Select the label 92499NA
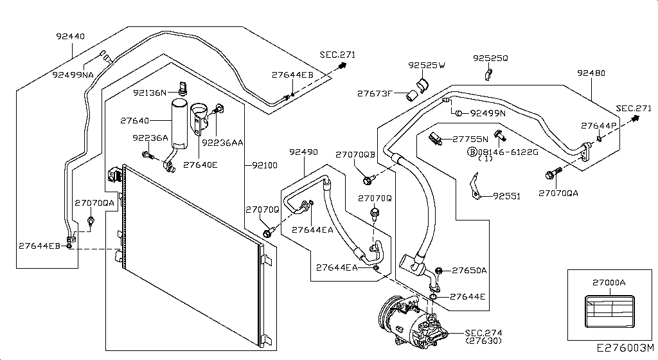coord(73,75)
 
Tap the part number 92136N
coord(150,93)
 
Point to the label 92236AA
coord(222,143)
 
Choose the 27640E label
coord(200,165)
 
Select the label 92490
coord(303,152)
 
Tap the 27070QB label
coord(355,154)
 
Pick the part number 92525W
coord(427,65)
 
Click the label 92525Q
coord(490,58)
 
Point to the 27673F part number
coord(375,93)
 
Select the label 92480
coord(591,73)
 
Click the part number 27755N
coord(470,138)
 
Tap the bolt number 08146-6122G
coord(504,152)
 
